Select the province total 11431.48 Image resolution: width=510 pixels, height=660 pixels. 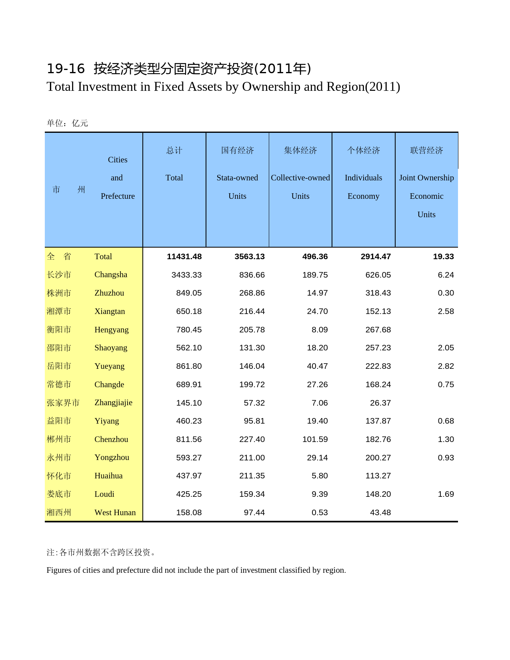184,256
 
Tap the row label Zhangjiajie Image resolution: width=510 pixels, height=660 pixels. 113,402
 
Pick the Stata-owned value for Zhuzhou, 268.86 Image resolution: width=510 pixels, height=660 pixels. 252,293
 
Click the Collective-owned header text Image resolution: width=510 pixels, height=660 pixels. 300,178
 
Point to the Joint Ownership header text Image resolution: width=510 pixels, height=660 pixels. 426,178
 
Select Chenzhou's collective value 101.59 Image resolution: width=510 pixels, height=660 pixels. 315,439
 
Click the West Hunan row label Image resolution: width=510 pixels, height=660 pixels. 115,512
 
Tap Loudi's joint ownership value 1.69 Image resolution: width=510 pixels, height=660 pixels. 446,494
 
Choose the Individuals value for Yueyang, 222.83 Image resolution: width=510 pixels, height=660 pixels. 378,366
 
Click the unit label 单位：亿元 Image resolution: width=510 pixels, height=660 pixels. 67,123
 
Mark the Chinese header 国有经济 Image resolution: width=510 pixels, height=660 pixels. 237,150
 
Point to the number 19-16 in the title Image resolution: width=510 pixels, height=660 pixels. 66,69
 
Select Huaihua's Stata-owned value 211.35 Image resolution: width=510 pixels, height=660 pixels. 252,476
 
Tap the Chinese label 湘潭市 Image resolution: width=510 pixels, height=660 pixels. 59,311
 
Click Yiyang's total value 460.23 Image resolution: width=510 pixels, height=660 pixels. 189,421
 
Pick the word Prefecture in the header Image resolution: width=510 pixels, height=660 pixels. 118,196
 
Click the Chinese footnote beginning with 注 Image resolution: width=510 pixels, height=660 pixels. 102,552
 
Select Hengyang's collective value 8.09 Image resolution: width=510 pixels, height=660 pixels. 320,330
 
